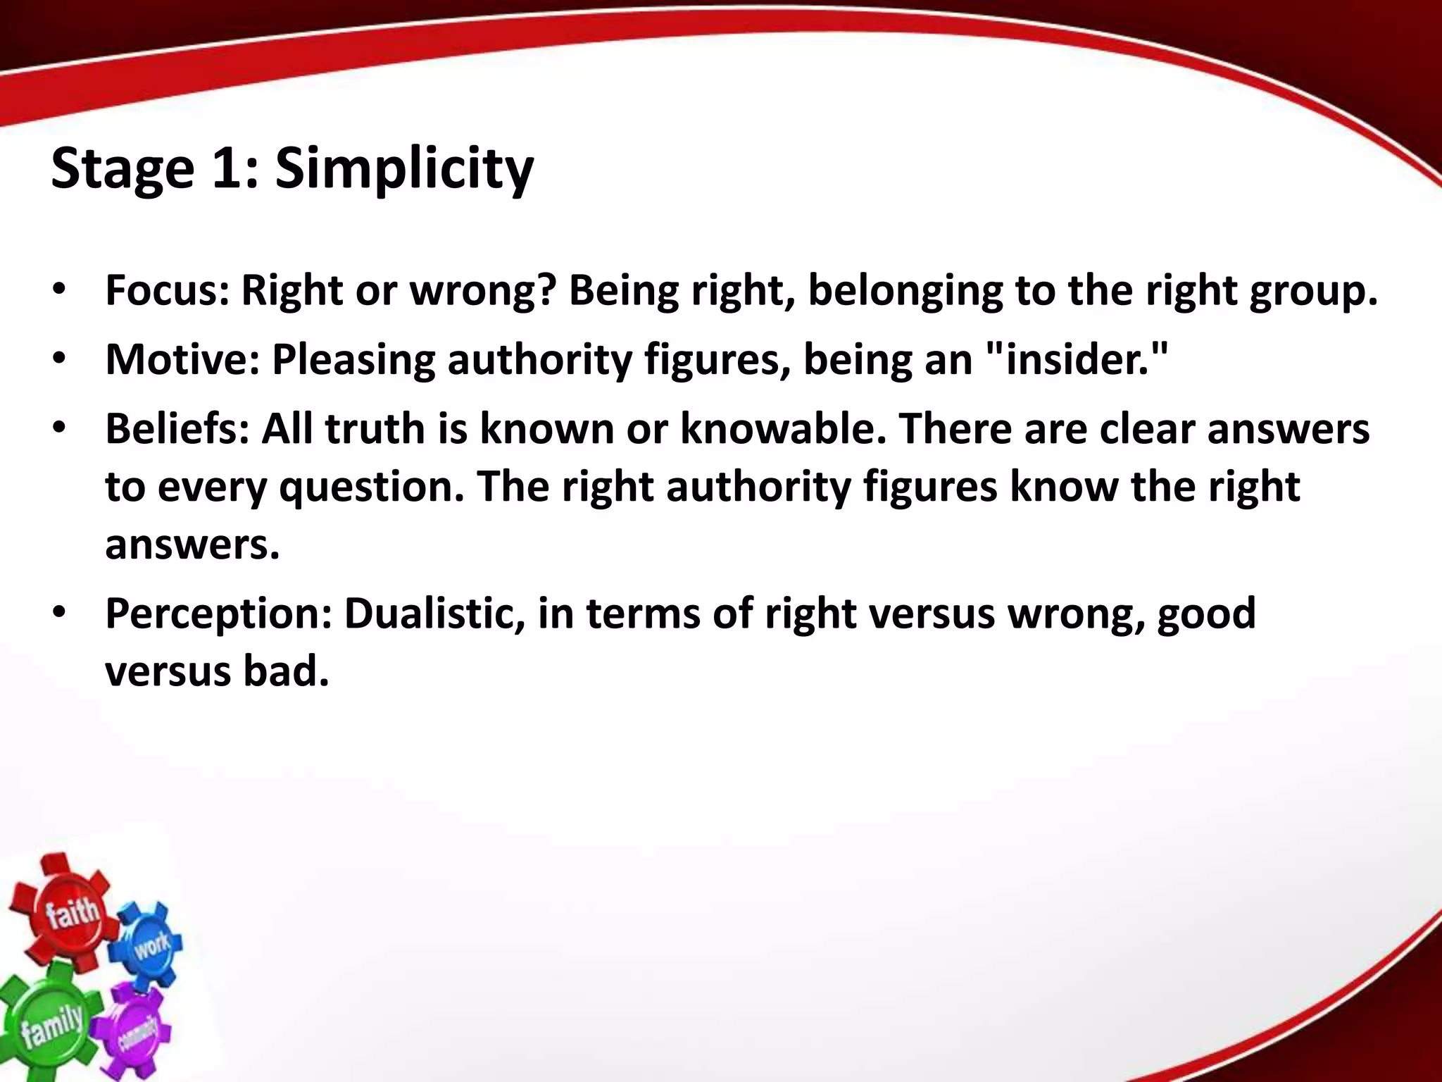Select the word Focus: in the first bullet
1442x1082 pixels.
(167, 290)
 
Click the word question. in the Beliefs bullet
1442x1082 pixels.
(372, 487)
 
